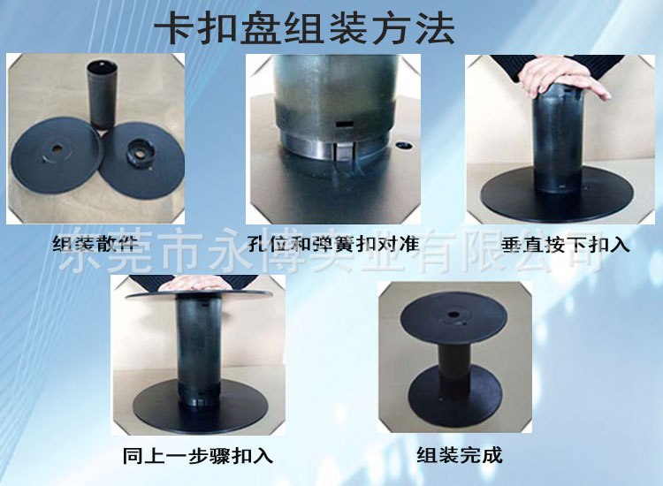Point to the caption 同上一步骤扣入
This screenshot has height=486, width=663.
(198, 456)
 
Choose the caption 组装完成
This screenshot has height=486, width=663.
(460, 456)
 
